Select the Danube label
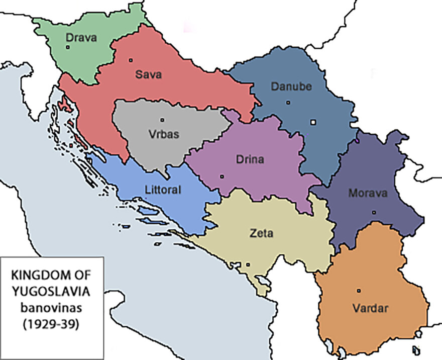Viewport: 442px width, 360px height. pyautogui.click(x=291, y=86)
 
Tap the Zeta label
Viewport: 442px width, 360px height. pyautogui.click(x=261, y=233)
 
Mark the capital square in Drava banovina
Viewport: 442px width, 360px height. pyautogui.click(x=67, y=47)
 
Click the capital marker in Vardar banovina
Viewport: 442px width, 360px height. pyautogui.click(x=359, y=291)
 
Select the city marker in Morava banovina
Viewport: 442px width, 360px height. pyautogui.click(x=374, y=213)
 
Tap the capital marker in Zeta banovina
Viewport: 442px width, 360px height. pyautogui.click(x=248, y=264)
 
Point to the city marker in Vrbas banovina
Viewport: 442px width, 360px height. pyautogui.click(x=162, y=120)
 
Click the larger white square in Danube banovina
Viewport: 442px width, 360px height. pyautogui.click(x=313, y=122)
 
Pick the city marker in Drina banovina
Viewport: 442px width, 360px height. pyautogui.click(x=222, y=176)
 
